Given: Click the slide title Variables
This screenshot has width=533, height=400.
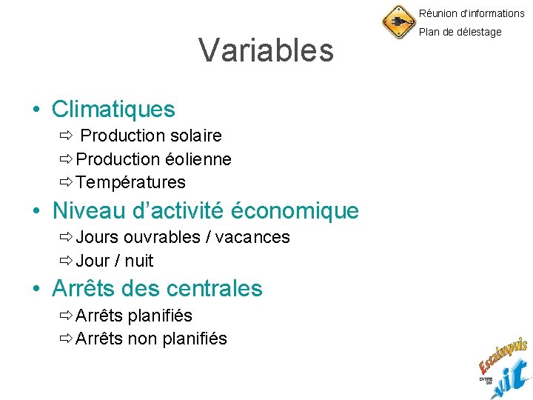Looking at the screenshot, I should [266, 51].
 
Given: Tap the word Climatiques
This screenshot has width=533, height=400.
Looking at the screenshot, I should [113, 110].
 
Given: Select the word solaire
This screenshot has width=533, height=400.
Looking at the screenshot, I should [195, 136].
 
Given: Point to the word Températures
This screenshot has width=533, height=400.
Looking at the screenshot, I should [130, 182].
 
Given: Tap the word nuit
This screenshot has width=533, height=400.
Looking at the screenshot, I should [139, 261].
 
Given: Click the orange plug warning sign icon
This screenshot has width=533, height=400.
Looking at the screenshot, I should [398, 22].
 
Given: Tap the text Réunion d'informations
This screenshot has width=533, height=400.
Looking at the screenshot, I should [472, 13].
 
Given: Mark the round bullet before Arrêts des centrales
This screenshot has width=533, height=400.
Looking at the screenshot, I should [36, 289].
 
